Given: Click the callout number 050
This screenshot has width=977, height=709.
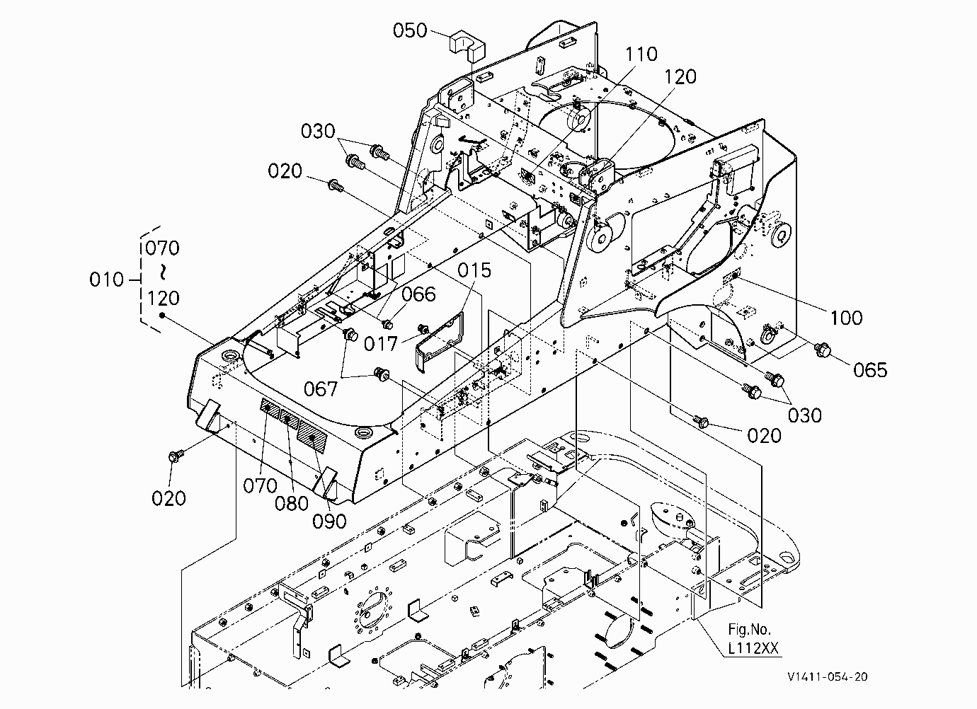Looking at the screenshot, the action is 410,30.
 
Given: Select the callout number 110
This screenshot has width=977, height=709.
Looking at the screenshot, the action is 641,54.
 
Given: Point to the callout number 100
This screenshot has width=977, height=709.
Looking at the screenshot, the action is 846,318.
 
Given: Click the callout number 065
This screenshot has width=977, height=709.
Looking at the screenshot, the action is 871,370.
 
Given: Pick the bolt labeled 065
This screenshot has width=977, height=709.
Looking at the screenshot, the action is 822,349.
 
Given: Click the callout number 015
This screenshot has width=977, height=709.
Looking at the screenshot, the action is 474,270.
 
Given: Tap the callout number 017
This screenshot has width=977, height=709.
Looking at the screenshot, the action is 381,344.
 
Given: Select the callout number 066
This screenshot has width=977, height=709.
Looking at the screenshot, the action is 418,294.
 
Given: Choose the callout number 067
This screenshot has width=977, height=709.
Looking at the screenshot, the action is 321,388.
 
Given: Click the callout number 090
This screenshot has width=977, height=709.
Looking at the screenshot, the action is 330,521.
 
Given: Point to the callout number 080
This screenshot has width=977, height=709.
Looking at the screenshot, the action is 292,504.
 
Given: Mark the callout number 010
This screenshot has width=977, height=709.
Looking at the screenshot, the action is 106,279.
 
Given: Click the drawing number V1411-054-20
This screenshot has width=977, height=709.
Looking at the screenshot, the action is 828,676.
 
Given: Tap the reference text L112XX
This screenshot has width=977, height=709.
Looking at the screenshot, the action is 753,648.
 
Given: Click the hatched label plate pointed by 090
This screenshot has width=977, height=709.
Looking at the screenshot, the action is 312,437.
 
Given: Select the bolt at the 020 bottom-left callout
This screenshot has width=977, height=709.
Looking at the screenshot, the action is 176,456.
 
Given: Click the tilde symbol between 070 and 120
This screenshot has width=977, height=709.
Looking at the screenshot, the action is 162,272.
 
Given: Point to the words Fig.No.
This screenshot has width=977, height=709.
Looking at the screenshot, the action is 749,629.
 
